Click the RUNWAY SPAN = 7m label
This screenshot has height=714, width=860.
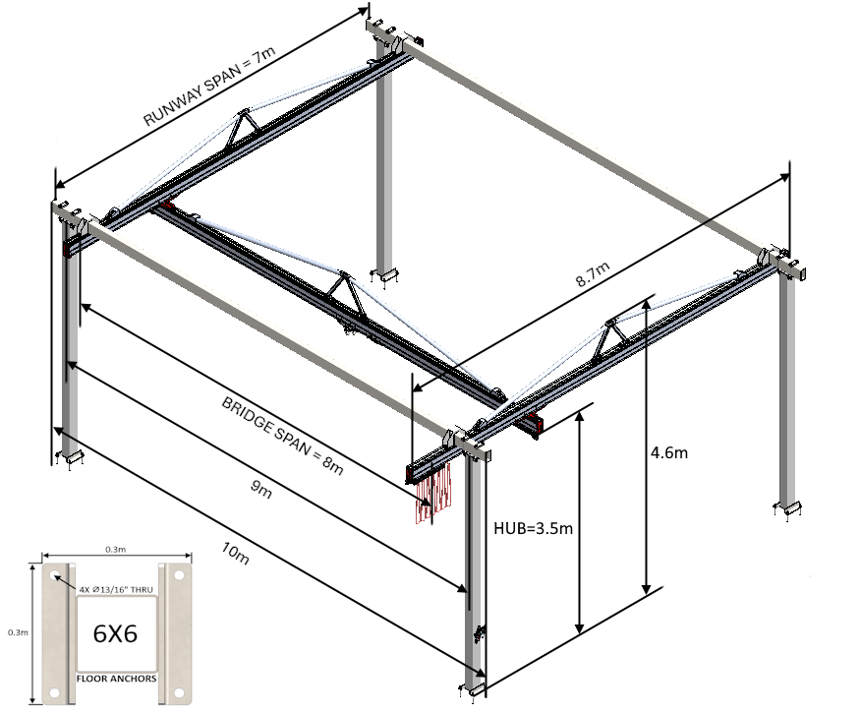(x=208, y=89)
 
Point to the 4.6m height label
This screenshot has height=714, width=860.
(x=668, y=453)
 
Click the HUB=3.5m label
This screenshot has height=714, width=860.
(x=532, y=528)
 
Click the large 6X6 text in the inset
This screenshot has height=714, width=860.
(x=115, y=634)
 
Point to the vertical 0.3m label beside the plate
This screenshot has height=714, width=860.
(x=16, y=632)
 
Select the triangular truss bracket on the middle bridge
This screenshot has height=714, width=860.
(x=343, y=292)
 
